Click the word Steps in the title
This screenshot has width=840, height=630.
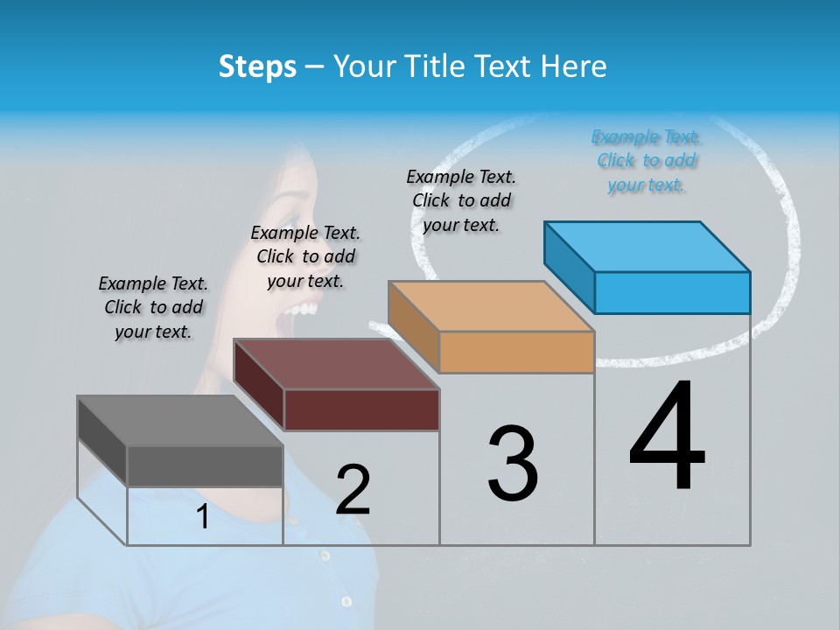(257, 66)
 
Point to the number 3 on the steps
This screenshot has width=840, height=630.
(513, 463)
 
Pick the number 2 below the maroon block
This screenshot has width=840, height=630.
(353, 490)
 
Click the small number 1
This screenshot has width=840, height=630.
(203, 517)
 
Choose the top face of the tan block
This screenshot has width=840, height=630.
(491, 306)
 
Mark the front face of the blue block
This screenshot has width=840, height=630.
(672, 292)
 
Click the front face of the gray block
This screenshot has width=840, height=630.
(205, 465)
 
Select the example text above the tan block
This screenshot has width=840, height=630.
(461, 200)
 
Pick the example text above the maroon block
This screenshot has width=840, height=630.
(305, 256)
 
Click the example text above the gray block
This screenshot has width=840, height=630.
(153, 307)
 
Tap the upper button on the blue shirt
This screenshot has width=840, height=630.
(325, 556)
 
